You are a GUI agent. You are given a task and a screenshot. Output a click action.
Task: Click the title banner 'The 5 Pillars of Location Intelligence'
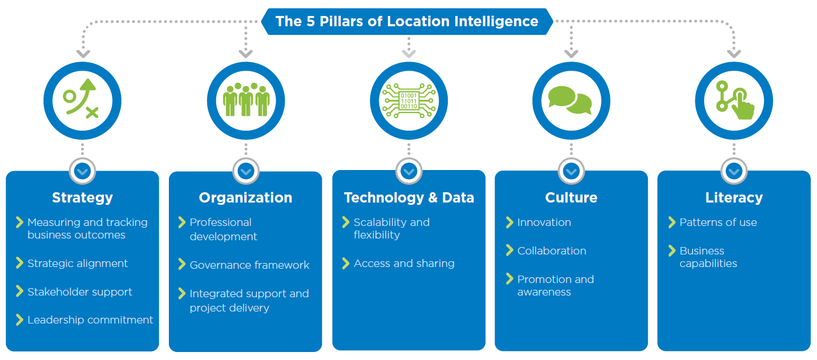click(407, 22)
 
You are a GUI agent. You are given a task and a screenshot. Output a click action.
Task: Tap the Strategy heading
click(82, 198)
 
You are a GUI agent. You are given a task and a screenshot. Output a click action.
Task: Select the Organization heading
click(245, 198)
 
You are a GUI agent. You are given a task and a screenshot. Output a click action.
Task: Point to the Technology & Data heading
click(409, 198)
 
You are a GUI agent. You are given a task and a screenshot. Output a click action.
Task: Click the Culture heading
click(571, 198)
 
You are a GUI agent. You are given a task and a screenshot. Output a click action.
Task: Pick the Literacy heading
click(734, 198)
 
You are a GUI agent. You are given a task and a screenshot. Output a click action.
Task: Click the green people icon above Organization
click(246, 99)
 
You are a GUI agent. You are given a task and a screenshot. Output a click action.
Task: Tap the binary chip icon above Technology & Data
click(409, 100)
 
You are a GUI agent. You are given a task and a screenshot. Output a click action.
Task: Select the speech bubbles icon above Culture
click(570, 100)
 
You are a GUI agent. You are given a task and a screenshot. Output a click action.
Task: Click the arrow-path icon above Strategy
click(81, 99)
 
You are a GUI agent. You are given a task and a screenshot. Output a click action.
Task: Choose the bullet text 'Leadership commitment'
click(90, 320)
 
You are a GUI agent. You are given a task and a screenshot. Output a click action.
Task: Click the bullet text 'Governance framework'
click(249, 265)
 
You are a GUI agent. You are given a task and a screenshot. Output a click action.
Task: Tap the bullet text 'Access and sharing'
click(404, 264)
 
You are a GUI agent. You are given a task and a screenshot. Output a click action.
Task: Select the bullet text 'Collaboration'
click(552, 251)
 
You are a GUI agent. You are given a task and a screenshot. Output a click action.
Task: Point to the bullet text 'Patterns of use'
click(718, 223)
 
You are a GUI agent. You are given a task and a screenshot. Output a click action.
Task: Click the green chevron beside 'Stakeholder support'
click(20, 292)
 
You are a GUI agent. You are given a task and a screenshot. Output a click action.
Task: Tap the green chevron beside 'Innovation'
click(509, 222)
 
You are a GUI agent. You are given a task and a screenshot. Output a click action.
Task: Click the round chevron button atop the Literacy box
click(734, 171)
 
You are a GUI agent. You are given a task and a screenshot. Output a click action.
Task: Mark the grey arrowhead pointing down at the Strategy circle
click(83, 54)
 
